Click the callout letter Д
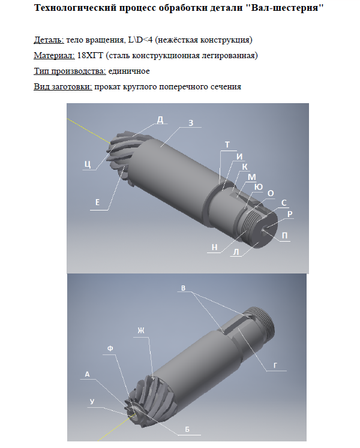[x=160, y=120]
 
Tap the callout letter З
[x=191, y=123]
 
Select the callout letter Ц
[x=88, y=164]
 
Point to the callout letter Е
[x=97, y=202]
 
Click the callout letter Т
[x=227, y=145]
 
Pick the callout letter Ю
[x=259, y=187]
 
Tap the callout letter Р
[x=290, y=214]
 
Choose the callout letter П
[x=285, y=236]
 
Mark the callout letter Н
[x=214, y=247]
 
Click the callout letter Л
[x=236, y=252]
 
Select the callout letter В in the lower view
[x=183, y=288]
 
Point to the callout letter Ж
[x=141, y=330]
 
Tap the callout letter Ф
[x=110, y=348]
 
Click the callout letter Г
[x=275, y=365]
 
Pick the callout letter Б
[x=187, y=429]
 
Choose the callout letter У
[x=92, y=401]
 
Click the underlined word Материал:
[x=54, y=55]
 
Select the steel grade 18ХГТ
[x=90, y=55]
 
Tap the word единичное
[x=128, y=71]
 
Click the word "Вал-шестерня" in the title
[x=284, y=8]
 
